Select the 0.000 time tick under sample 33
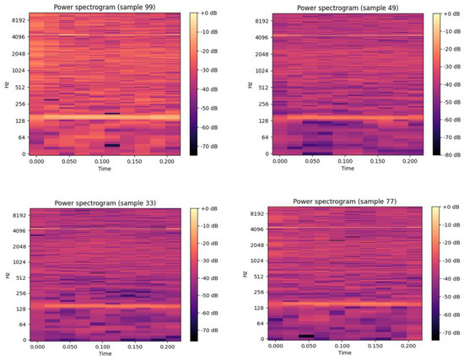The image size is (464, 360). pyautogui.click(x=38, y=347)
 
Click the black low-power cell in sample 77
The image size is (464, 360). pyautogui.click(x=305, y=336)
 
